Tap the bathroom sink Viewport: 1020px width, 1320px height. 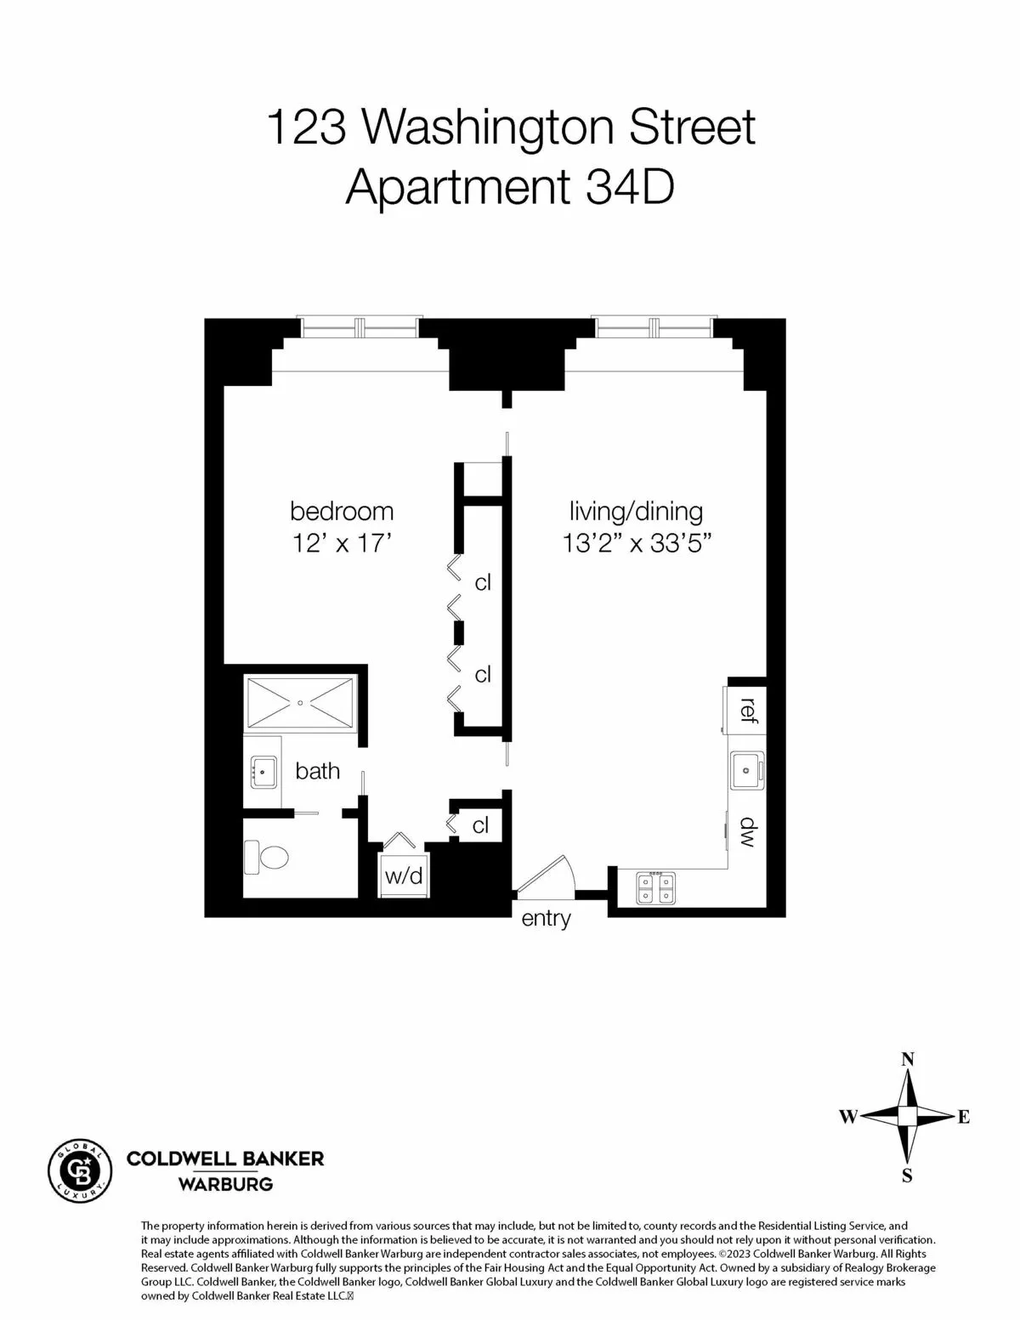click(x=263, y=773)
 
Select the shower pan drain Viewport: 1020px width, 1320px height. click(x=300, y=703)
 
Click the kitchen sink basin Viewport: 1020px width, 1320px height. click(x=746, y=770)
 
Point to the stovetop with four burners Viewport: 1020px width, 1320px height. click(x=655, y=888)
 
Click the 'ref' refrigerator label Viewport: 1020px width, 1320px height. click(x=748, y=708)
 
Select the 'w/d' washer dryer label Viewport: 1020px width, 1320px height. click(x=403, y=876)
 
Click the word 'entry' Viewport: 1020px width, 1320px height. click(x=546, y=919)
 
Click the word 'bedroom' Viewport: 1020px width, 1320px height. click(x=342, y=512)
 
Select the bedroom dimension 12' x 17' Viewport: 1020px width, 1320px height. click(x=342, y=542)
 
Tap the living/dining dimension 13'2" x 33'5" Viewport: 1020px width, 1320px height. click(x=636, y=542)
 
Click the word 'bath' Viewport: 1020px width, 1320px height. click(x=317, y=771)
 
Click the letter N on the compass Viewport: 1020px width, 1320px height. click(x=908, y=1059)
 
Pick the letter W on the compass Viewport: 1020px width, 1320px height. click(x=847, y=1117)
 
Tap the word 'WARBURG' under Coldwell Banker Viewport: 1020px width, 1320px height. click(x=224, y=1183)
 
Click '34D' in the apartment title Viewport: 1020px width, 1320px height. click(x=630, y=187)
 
